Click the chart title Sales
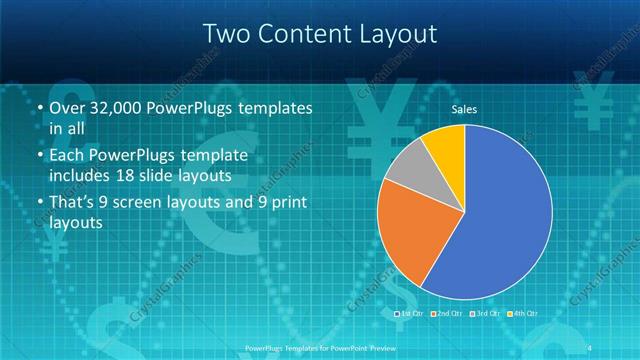pos(464,108)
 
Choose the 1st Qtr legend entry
pos(411,314)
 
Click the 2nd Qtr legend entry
pos(447,314)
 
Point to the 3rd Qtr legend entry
pos(484,314)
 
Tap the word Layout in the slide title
pos(397,33)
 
